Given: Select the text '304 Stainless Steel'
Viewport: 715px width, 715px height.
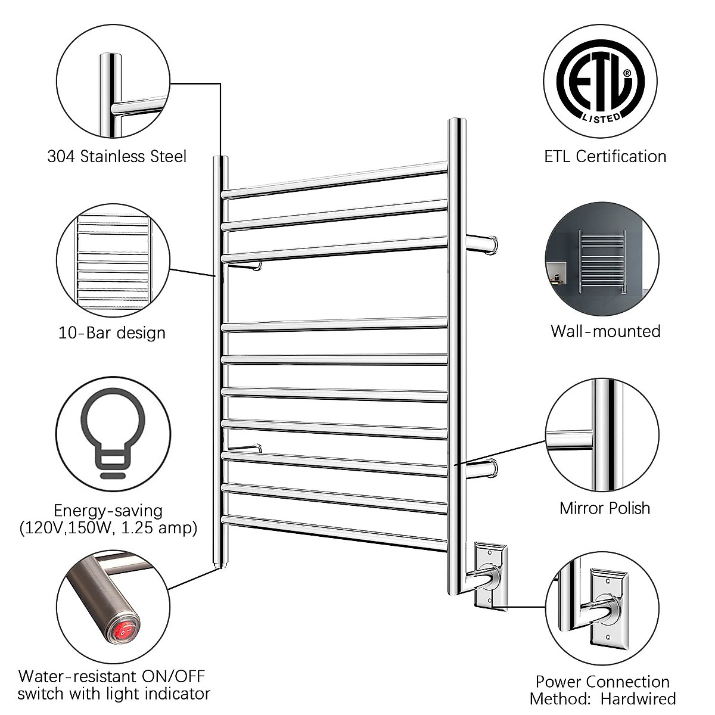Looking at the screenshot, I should click(117, 157).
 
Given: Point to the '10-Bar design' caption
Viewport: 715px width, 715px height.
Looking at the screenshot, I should click(112, 332).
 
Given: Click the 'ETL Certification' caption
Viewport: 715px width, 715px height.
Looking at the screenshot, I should click(605, 157).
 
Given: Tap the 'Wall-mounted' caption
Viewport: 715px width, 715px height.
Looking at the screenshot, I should click(605, 331).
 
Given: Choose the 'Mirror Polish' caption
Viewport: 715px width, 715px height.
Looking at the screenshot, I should click(605, 508).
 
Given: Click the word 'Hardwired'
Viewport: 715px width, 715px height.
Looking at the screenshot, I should click(638, 698).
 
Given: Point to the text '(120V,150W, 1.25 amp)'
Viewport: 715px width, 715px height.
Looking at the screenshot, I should click(108, 528).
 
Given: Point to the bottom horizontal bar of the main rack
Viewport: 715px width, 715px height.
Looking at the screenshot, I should click(335, 531).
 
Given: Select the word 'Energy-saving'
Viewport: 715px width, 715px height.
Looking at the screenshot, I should click(108, 511).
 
